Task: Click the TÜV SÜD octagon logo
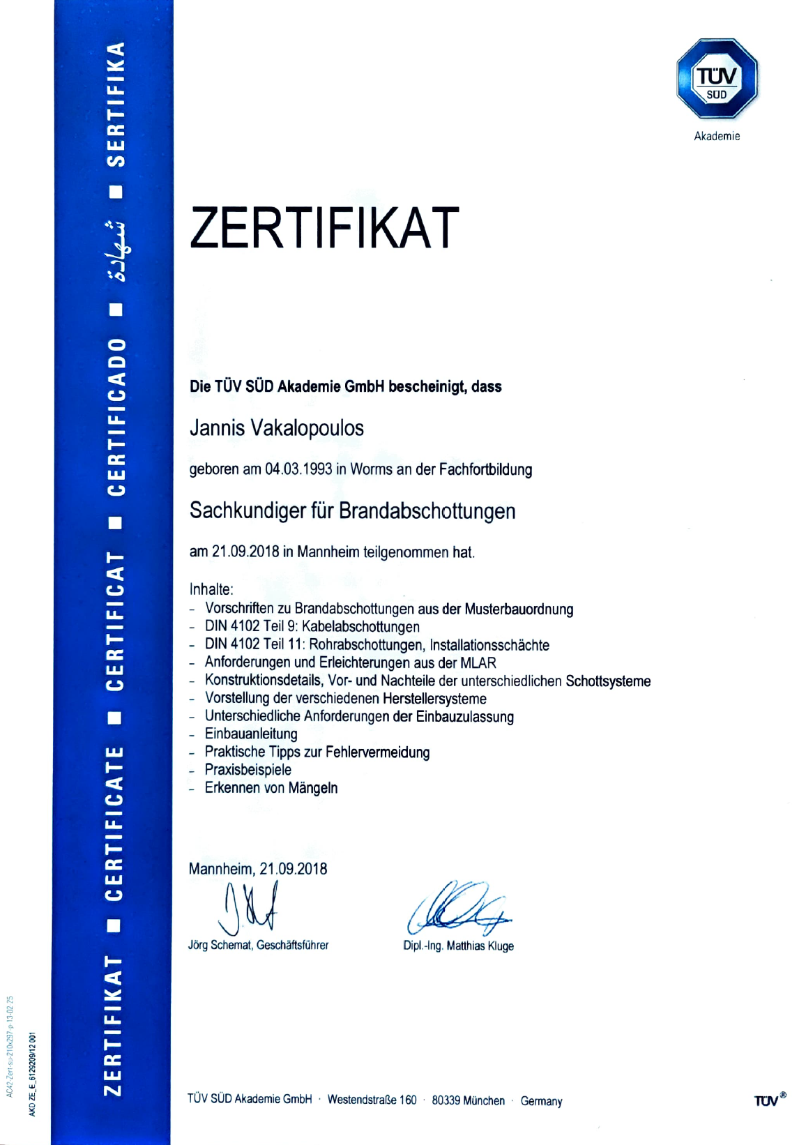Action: click(717, 79)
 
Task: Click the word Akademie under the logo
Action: click(717, 136)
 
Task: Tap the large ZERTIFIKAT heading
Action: click(324, 228)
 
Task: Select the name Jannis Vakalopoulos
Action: click(276, 427)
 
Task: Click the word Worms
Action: click(372, 469)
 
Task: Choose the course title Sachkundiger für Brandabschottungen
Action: click(352, 510)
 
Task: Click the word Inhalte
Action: click(211, 589)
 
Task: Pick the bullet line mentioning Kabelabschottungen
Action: click(312, 627)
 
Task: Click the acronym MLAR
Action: click(478, 662)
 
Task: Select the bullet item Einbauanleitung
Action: click(251, 734)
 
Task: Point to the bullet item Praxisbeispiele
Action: click(248, 770)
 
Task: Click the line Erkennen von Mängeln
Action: click(271, 788)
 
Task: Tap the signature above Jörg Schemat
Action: click(250, 907)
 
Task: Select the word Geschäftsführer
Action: click(292, 946)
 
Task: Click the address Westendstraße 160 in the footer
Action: click(372, 1100)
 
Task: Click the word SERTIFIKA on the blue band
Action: click(116, 105)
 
